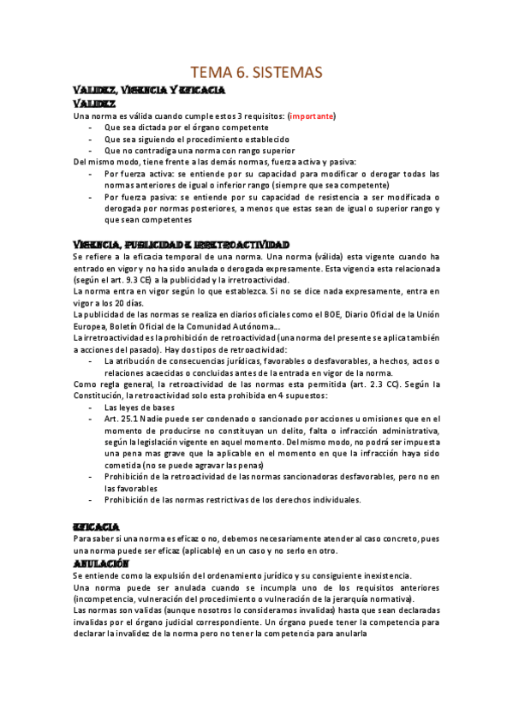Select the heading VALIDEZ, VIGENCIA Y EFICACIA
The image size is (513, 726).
(149, 90)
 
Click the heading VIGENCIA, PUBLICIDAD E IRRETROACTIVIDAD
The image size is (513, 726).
(181, 244)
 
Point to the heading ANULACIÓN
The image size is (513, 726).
(100, 565)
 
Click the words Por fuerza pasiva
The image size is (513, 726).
(140, 197)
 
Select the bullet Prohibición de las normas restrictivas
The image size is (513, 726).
(232, 500)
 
